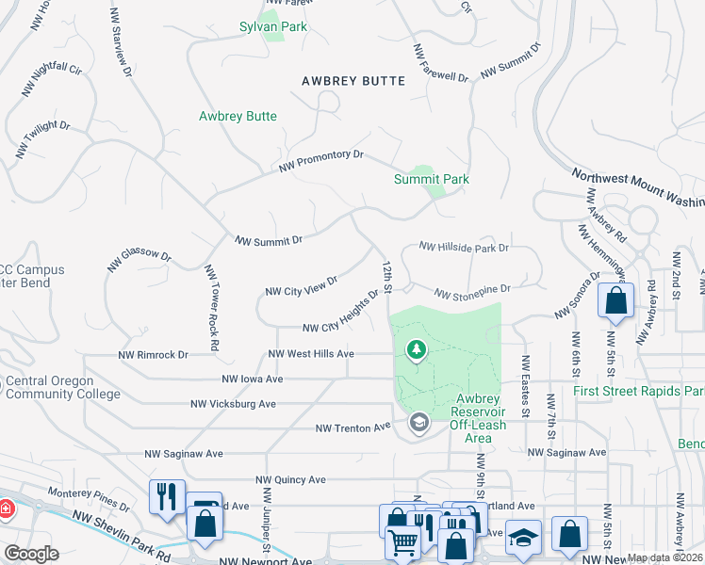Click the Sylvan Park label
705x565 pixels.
pos(272,27)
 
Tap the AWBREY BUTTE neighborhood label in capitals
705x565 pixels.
pos(353,81)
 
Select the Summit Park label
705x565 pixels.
pos(431,179)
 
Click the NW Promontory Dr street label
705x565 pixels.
pos(321,161)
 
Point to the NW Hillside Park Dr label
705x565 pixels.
pos(464,248)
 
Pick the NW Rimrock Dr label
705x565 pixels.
pos(153,355)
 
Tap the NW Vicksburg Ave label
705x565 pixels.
pos(233,404)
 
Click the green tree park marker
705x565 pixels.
pos(416,350)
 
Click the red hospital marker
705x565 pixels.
pos(5,508)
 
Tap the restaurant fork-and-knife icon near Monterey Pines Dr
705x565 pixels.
pos(167,495)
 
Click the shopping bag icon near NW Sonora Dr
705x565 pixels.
pos(615,301)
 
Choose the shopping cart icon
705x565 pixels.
pos(402,541)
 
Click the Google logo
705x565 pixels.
pos(31,554)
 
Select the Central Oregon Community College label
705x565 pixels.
pos(63,387)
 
